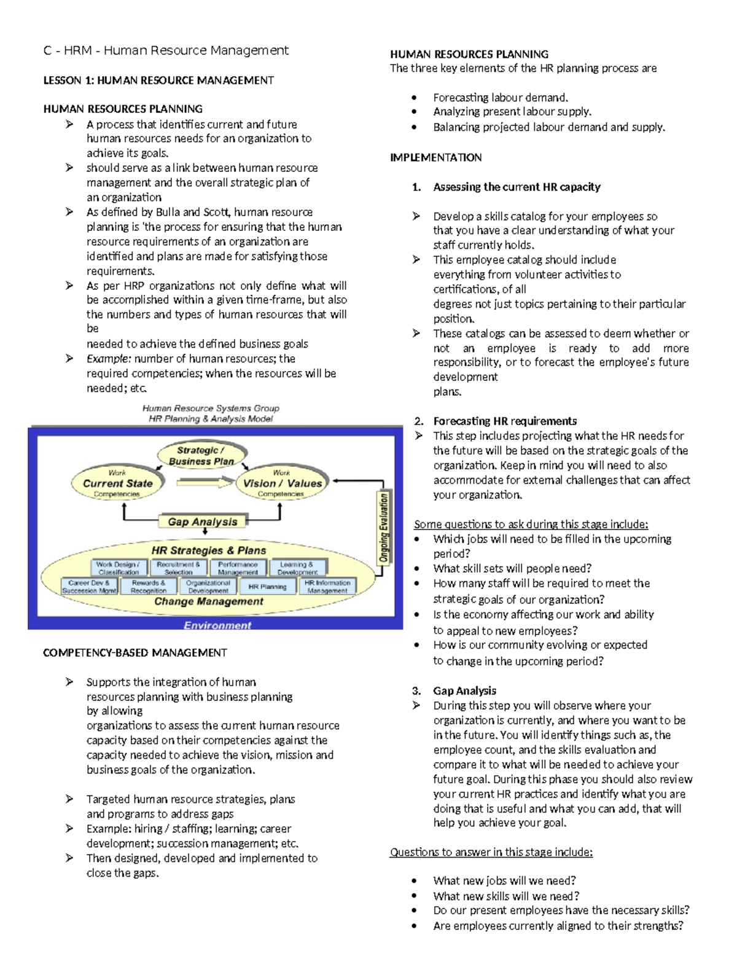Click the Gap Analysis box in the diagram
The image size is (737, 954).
pyautogui.click(x=202, y=522)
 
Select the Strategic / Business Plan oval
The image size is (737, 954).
pyautogui.click(x=201, y=456)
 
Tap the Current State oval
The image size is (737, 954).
pyautogui.click(x=117, y=483)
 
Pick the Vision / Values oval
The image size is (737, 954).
pyautogui.click(x=282, y=483)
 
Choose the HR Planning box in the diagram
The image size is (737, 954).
pyautogui.click(x=267, y=587)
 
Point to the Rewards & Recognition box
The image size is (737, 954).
pyautogui.click(x=148, y=587)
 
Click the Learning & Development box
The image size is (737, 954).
pyautogui.click(x=297, y=568)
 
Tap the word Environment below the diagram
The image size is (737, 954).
pyautogui.click(x=217, y=625)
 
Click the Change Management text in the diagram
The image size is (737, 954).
pyautogui.click(x=209, y=601)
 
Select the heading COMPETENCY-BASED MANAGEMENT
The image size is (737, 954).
pyautogui.click(x=135, y=652)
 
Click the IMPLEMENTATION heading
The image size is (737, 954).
pyautogui.click(x=435, y=157)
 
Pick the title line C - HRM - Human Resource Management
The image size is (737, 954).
pyautogui.click(x=166, y=50)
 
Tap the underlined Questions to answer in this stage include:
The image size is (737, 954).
pyautogui.click(x=491, y=852)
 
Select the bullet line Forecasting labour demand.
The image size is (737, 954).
pyautogui.click(x=500, y=97)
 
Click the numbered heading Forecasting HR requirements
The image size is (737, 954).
pyautogui.click(x=504, y=421)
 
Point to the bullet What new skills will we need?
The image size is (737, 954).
pyautogui.click(x=505, y=896)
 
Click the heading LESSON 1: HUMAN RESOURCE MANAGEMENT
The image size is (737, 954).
pyautogui.click(x=158, y=80)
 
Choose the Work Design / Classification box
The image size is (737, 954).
pyautogui.click(x=118, y=568)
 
